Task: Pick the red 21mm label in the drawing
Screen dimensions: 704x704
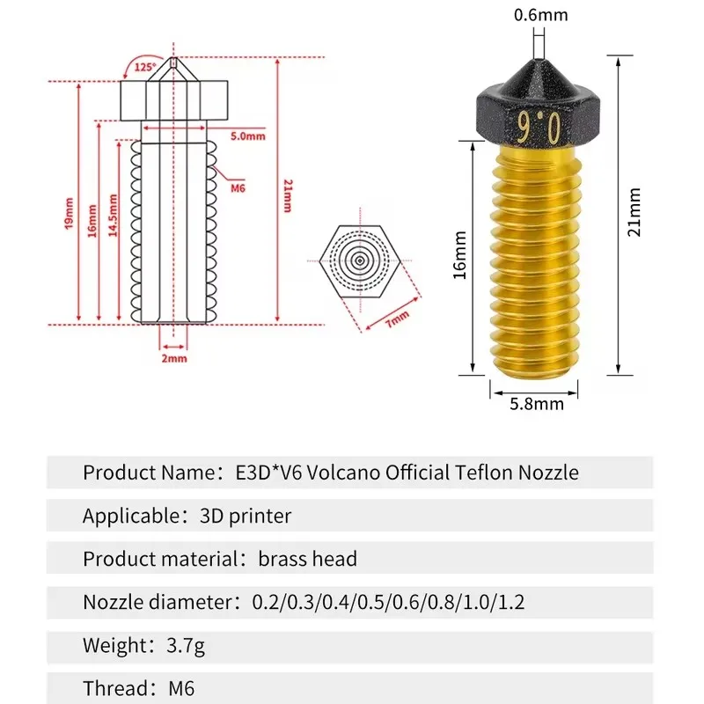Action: point(288,195)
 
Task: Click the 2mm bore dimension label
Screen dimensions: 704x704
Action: point(174,357)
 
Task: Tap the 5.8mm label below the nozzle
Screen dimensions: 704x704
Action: point(537,403)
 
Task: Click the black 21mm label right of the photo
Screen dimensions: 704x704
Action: point(634,213)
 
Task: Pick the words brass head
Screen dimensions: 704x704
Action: point(308,559)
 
